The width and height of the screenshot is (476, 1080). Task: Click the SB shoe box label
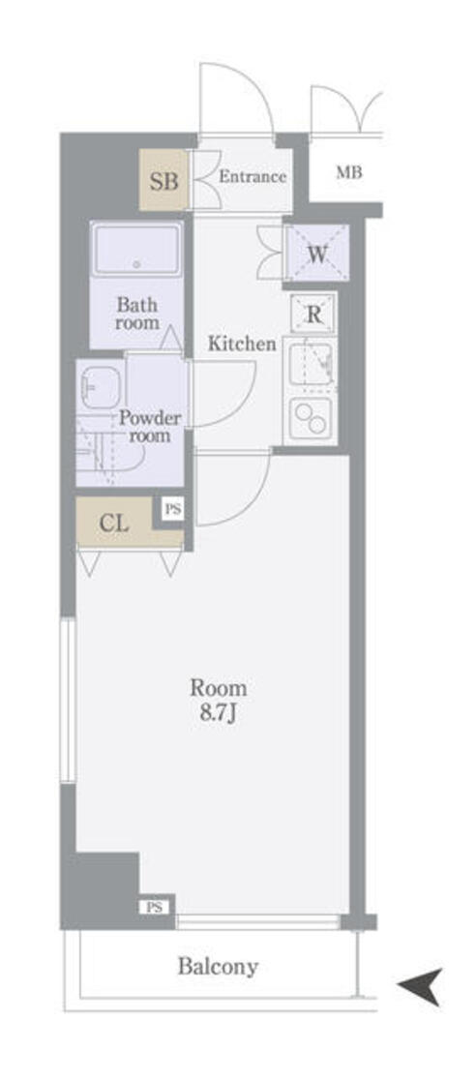164,181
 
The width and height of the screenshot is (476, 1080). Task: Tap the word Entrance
253,176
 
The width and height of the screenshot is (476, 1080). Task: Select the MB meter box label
348,173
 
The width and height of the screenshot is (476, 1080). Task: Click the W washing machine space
317,252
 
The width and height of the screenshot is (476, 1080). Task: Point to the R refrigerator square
313,315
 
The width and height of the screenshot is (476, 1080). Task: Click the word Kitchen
243,343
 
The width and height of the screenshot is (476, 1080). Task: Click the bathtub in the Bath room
136,250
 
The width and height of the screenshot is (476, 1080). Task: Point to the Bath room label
137,314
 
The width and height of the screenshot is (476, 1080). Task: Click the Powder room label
150,427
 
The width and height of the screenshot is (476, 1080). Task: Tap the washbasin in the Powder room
100,386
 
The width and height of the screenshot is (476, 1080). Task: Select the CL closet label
113,523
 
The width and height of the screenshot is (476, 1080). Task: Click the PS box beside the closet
173,510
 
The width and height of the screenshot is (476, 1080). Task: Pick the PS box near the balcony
154,908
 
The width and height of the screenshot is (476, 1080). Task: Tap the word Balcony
218,967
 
